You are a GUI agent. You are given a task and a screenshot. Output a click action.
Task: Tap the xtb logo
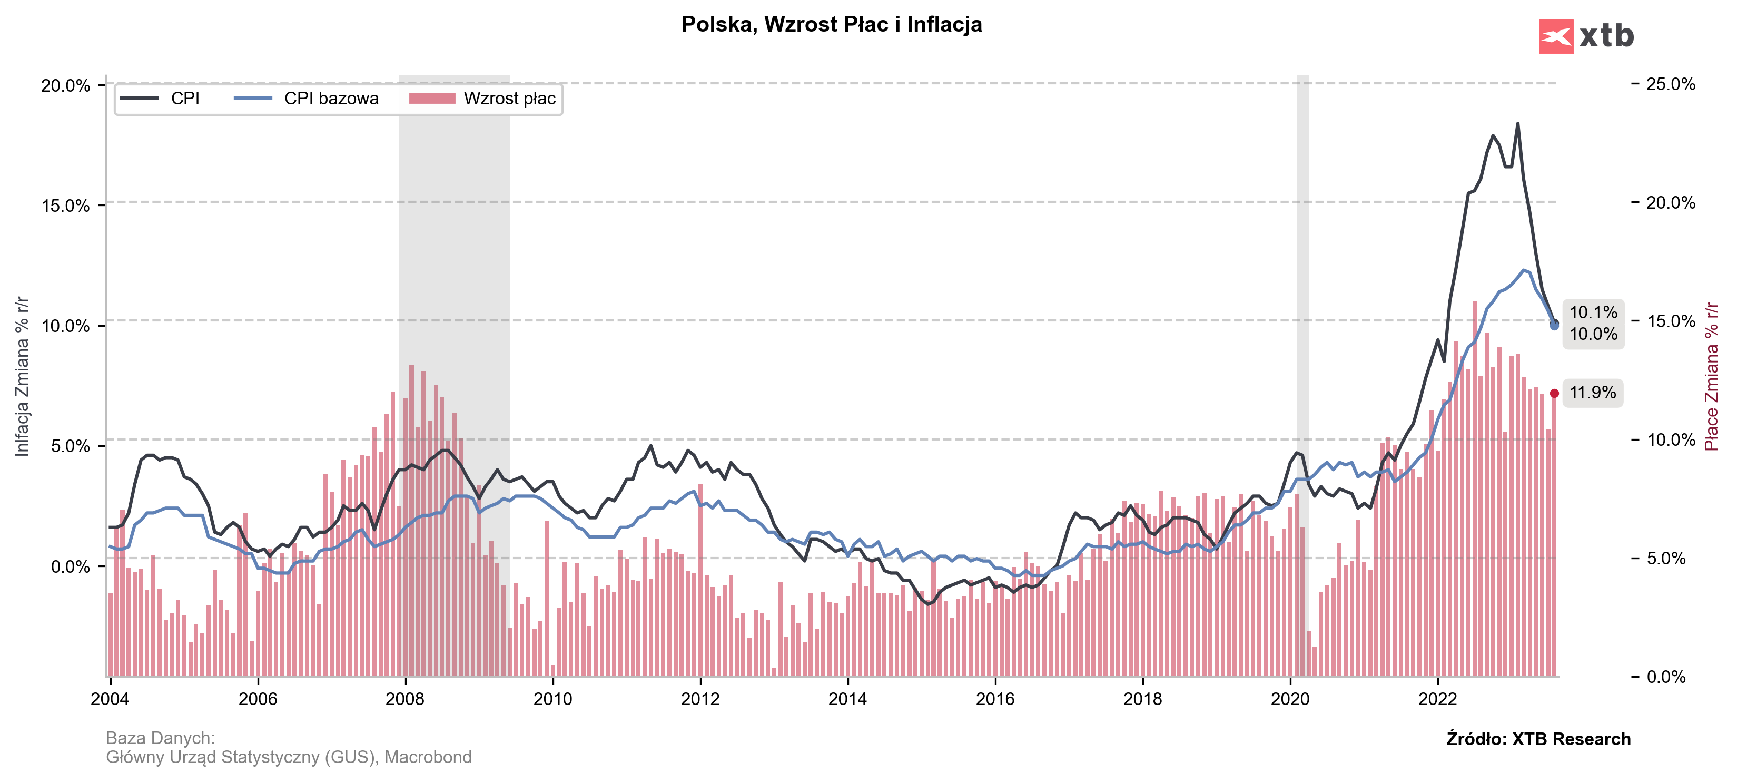pos(1585,36)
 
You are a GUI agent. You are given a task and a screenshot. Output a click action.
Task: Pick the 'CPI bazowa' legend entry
pos(308,99)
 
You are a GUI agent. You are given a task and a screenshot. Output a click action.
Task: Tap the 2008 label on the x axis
pos(404,699)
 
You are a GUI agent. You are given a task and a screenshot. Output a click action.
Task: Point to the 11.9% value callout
pos(1592,393)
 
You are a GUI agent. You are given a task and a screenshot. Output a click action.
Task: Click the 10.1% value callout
pos(1593,312)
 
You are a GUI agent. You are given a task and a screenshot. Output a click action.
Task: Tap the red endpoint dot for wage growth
pos(1554,393)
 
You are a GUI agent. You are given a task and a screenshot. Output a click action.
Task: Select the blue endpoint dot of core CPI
pos(1554,326)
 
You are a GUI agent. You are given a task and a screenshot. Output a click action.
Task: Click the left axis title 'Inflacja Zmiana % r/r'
pos(22,376)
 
